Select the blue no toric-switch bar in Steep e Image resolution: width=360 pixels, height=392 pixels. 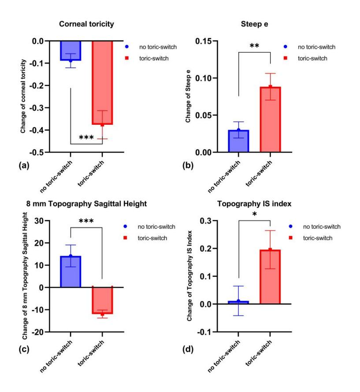[238, 142]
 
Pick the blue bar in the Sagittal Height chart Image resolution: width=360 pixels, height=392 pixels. [71, 272]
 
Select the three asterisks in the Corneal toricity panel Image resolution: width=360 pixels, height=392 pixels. [86, 138]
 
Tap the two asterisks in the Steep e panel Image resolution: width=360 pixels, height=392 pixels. [254, 46]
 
